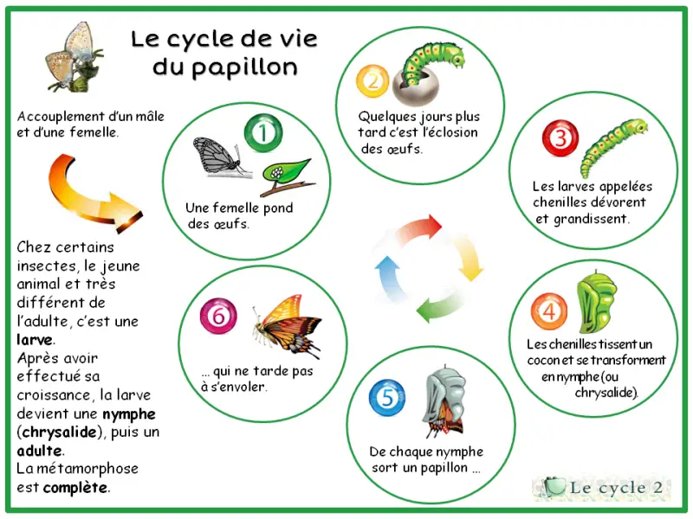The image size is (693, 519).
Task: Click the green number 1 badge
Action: [x=263, y=133]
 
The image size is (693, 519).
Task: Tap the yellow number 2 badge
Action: [x=372, y=81]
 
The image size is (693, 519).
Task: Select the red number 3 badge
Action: [x=560, y=138]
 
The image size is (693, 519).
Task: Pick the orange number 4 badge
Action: [x=549, y=311]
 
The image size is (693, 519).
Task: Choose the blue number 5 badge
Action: [x=387, y=398]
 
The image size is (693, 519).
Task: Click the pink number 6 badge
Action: [x=218, y=316]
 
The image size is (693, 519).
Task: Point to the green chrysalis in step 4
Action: [x=596, y=302]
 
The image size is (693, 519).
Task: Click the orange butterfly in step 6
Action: [x=288, y=326]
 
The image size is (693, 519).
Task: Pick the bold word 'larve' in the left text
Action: [x=35, y=340]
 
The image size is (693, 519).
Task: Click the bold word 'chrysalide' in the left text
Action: [x=59, y=432]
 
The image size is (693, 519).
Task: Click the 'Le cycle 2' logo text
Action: [x=616, y=488]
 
